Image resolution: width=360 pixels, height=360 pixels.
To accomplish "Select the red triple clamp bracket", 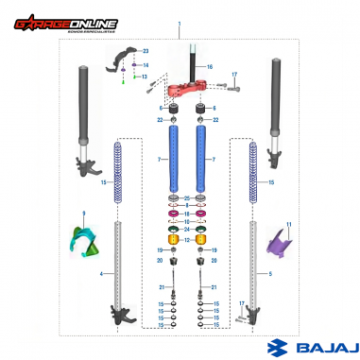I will click(194, 93).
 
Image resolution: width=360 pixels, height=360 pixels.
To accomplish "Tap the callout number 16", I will click(210, 67).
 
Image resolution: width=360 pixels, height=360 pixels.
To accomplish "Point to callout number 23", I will click(146, 49).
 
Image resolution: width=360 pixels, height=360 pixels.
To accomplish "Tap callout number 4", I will click(101, 274).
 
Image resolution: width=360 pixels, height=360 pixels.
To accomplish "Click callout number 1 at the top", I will click(178, 21).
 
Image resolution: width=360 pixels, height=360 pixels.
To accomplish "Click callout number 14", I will click(146, 64).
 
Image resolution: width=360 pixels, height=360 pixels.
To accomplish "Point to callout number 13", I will click(146, 77).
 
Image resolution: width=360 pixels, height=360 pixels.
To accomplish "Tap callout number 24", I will click(188, 230).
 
